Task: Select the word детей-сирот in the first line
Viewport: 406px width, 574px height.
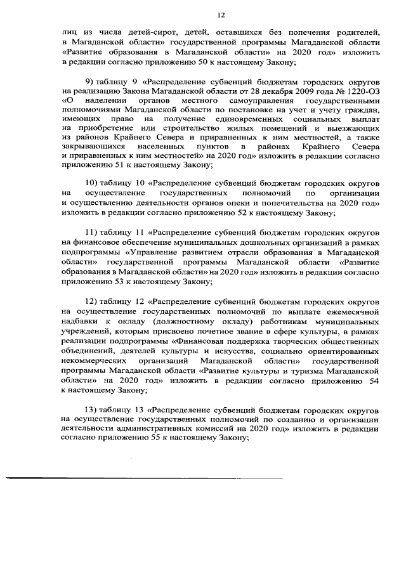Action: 145,32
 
